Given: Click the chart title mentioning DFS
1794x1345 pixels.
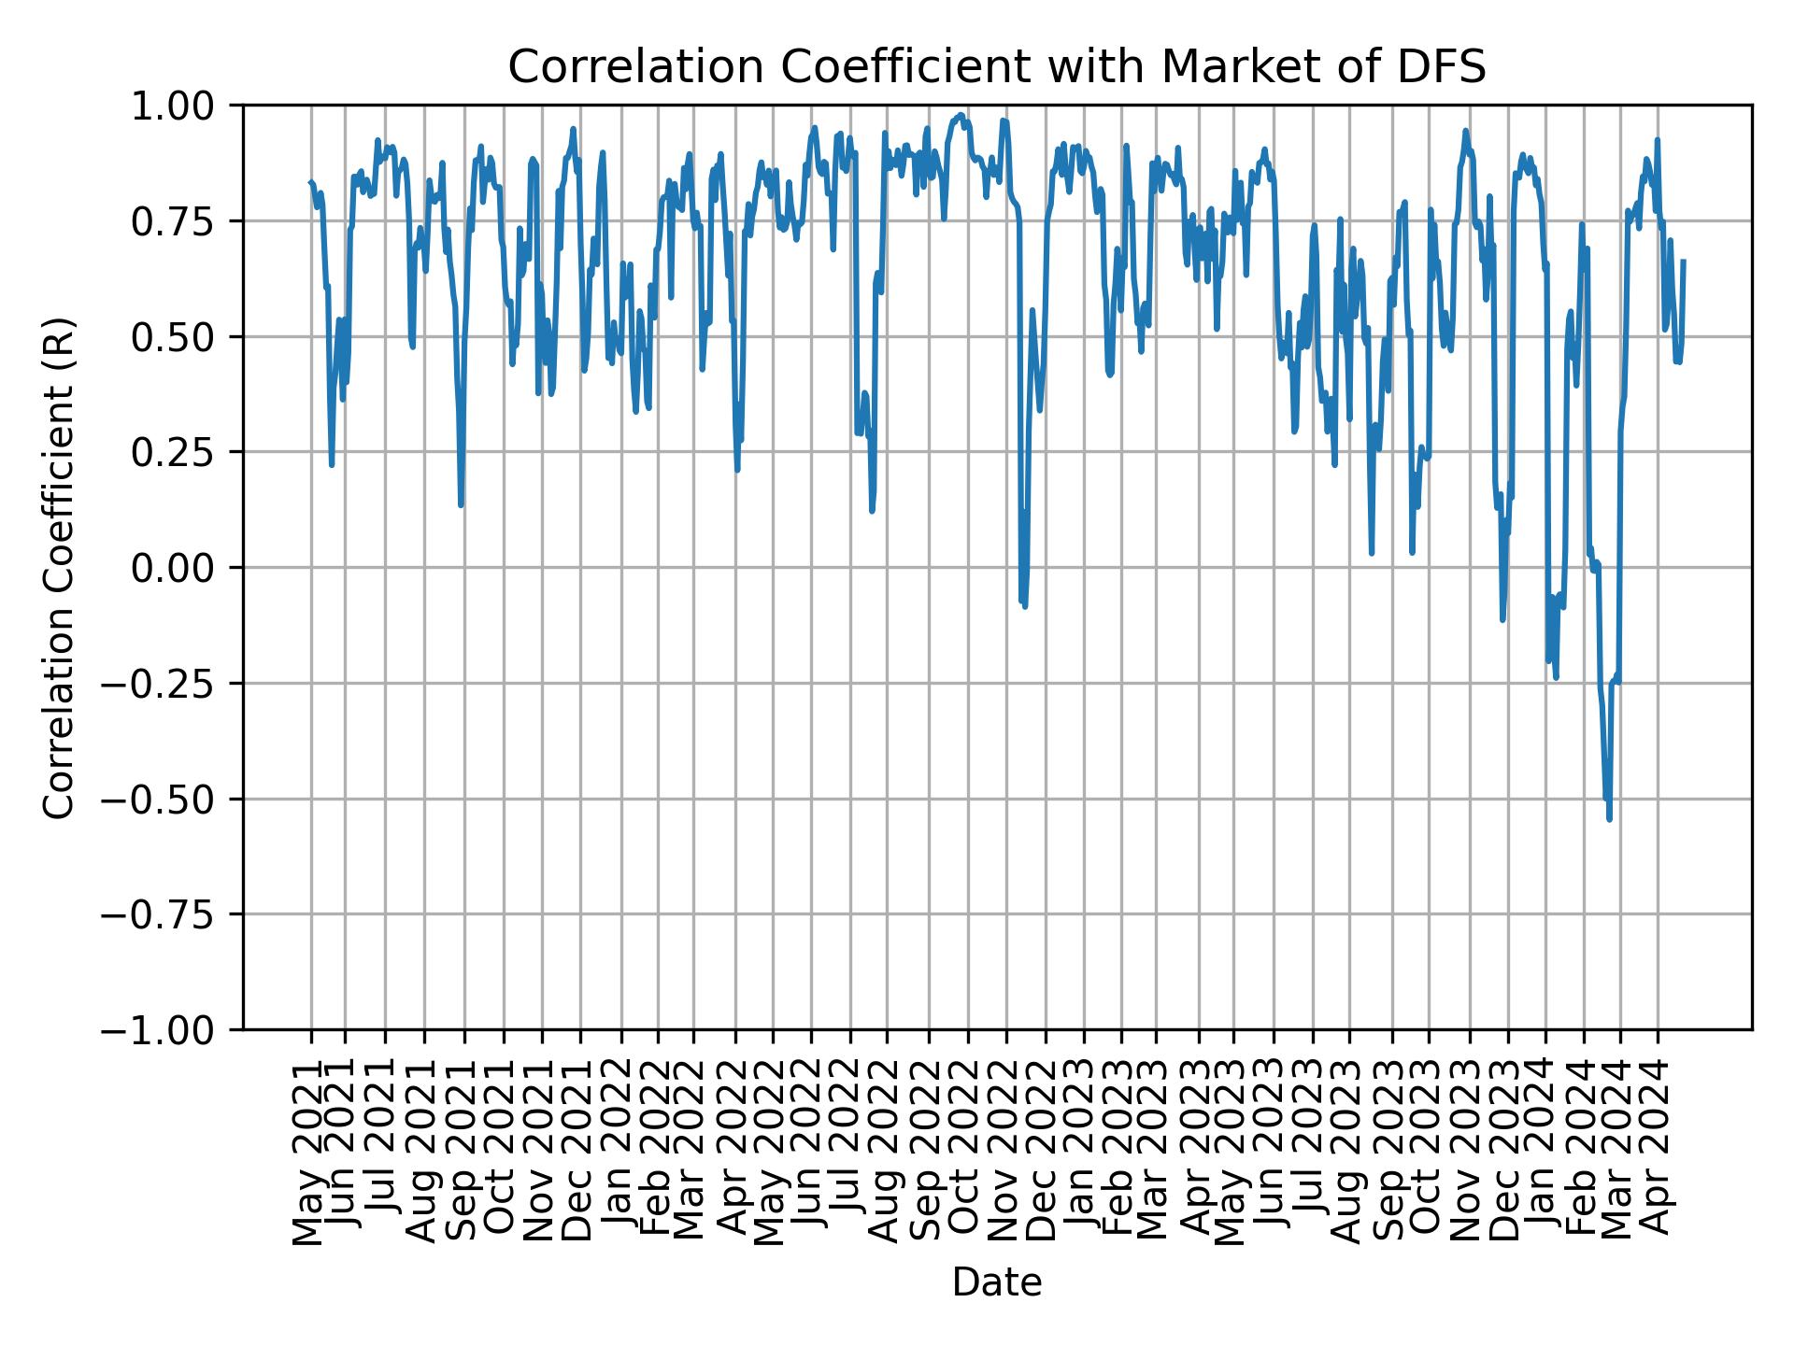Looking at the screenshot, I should [996, 67].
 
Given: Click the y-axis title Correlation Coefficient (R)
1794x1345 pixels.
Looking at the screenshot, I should [58, 567].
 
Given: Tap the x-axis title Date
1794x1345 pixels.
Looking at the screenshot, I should [996, 1282].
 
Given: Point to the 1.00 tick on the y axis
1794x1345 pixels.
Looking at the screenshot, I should [186, 106].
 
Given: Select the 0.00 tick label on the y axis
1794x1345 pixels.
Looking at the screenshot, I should [186, 567].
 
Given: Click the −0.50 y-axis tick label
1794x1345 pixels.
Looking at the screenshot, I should [173, 799].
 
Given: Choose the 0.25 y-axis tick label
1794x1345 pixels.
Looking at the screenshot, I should [186, 452].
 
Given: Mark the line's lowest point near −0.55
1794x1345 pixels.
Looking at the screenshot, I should [1609, 819].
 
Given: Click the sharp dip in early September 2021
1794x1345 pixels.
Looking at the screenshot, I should [461, 505].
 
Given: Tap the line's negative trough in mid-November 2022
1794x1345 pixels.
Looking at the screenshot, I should [1025, 606].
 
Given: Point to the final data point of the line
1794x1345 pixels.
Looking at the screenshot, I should [1683, 262].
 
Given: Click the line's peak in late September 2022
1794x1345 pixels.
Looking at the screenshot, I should [960, 116].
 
